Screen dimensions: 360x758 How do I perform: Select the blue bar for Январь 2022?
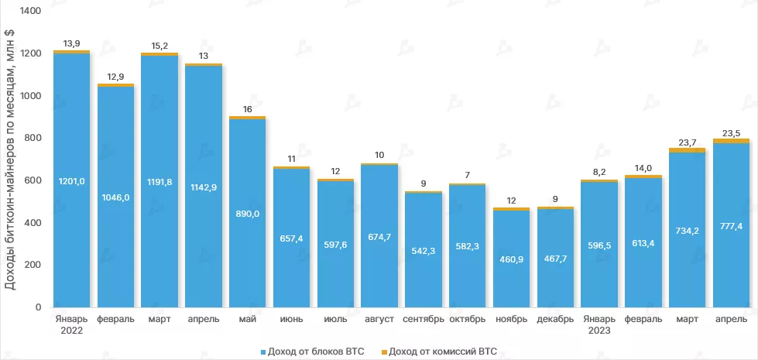pos(71,232)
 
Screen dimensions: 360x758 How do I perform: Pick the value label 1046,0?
pos(115,197)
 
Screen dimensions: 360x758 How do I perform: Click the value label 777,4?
pos(731,225)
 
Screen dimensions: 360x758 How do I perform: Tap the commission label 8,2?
pos(599,174)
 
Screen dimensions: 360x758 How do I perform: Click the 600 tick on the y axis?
pos(32,180)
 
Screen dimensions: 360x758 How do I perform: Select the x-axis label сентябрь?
pos(424,319)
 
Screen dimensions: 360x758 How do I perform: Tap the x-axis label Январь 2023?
pos(599,324)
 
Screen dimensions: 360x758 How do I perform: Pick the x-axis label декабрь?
pos(555,319)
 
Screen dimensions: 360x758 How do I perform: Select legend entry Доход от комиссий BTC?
pos(438,351)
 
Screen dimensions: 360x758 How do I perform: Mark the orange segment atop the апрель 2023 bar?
pos(731,141)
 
